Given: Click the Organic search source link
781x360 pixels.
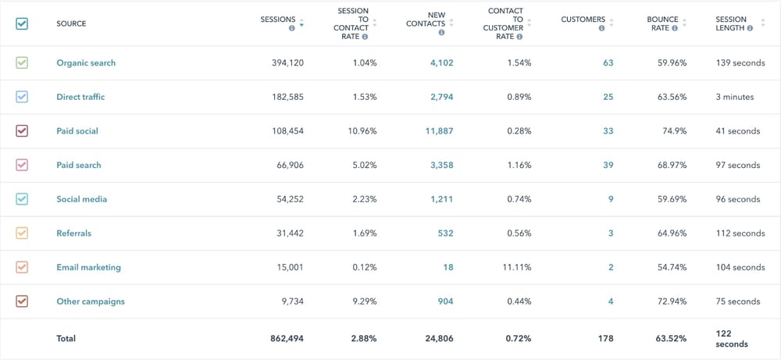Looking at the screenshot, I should tap(86, 63).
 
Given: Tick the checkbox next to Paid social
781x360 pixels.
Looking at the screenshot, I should tap(22, 131).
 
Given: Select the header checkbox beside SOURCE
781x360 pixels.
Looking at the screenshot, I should tap(22, 23).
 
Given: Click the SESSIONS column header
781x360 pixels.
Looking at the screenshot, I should tap(278, 20).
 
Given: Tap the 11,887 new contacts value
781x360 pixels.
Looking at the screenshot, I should tap(438, 131).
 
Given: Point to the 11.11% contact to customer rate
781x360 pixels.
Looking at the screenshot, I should tap(518, 267).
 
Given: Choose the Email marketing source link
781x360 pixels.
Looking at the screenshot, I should tap(88, 267).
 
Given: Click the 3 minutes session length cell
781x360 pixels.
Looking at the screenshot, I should tap(733, 97).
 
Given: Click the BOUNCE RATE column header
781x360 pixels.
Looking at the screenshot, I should tap(662, 23).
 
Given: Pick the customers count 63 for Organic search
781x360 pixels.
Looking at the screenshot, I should tap(608, 63).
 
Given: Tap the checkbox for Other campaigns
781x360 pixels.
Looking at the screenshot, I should tap(22, 301).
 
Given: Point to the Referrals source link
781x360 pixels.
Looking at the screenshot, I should tap(73, 233).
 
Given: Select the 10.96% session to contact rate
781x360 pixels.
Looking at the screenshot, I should tap(362, 131).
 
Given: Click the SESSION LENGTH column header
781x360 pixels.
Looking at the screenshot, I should tap(731, 23).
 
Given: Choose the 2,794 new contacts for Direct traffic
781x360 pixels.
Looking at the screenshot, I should tap(441, 97).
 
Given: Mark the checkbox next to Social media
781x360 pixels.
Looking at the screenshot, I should tap(22, 199).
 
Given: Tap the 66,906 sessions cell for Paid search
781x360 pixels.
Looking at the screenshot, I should tap(287, 165).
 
